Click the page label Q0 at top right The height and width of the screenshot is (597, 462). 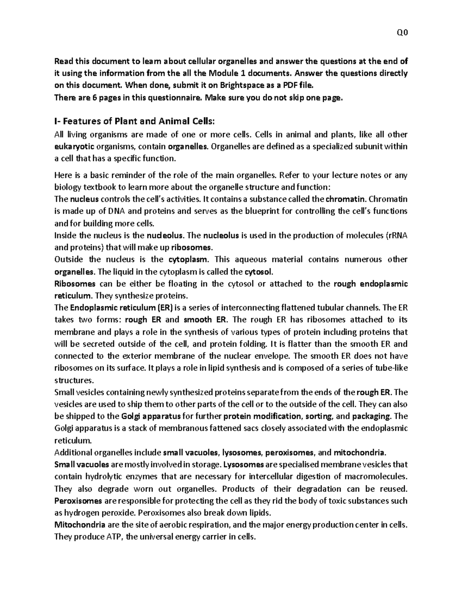pos(402,33)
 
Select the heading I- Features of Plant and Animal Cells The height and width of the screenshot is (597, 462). pos(133,121)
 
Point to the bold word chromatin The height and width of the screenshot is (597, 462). pos(346,199)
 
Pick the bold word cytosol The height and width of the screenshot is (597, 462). pos(258,272)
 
